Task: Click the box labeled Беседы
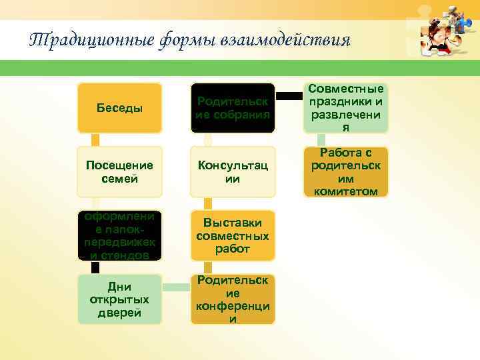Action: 119,108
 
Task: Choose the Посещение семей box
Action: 119,172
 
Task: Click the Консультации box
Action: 233,172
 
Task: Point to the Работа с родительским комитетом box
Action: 346,172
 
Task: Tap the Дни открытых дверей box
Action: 119,299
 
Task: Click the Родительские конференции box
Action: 233,299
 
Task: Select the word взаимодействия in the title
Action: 287,40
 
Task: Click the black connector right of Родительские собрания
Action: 289,95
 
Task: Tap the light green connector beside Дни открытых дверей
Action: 176,288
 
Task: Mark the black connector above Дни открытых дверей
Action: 95,267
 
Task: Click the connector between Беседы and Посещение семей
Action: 95,139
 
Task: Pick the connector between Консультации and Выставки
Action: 209,203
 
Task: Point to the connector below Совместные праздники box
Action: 322,139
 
